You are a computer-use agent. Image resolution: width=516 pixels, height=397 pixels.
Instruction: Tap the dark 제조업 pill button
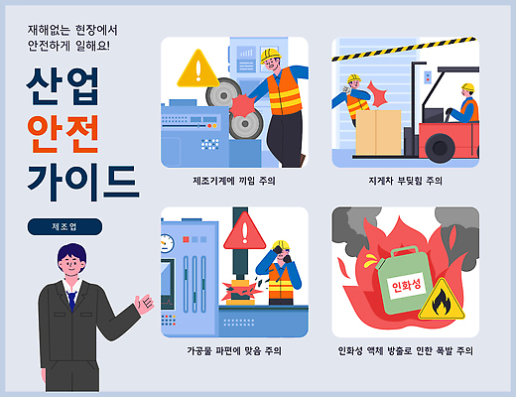point(64,226)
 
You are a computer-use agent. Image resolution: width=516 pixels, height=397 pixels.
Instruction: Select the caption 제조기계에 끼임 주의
point(234,182)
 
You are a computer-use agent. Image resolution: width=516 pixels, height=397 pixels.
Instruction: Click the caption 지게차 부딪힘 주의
point(405,182)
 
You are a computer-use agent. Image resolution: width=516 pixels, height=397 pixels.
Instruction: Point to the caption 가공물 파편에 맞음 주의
point(234,351)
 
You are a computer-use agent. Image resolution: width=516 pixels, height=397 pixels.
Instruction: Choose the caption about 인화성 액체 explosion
point(405,351)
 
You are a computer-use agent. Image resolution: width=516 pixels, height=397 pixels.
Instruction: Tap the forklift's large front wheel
point(440,149)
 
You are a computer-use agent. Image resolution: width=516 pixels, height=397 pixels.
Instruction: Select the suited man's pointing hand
point(147,302)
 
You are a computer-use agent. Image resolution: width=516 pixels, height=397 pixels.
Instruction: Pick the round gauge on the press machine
point(167,242)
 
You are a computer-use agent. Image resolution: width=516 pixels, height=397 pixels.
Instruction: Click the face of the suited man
point(70,266)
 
